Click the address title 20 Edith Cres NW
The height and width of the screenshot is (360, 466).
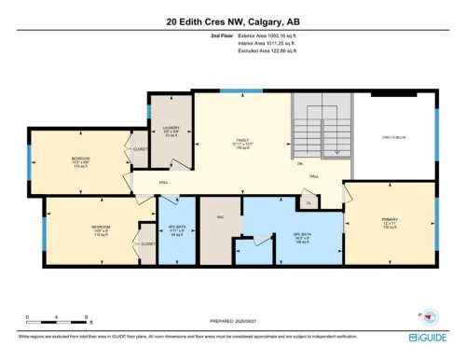232,19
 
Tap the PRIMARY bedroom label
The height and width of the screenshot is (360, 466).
389,222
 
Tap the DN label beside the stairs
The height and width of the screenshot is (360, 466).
300,164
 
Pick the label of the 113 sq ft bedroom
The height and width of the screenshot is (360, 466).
80,160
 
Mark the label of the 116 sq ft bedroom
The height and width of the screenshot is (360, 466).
101,228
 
